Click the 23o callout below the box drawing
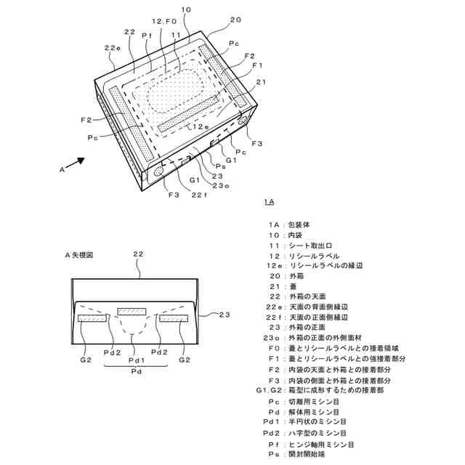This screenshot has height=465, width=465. click(221, 187)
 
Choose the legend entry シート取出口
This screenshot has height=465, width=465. click(315, 246)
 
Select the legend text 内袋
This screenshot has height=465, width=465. click(297, 235)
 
